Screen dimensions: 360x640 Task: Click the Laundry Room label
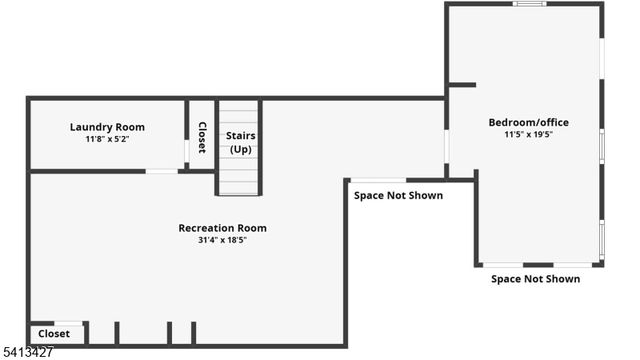click(x=107, y=127)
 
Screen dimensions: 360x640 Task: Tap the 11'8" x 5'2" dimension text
click(x=107, y=139)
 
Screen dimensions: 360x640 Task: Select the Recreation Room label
click(x=222, y=228)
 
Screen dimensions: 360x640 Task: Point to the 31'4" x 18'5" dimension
click(x=222, y=240)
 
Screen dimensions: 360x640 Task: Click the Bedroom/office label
click(x=528, y=123)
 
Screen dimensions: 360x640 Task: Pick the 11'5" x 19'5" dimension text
click(x=528, y=134)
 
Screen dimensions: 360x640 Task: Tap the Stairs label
click(x=240, y=135)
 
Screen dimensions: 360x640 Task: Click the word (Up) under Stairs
click(x=240, y=149)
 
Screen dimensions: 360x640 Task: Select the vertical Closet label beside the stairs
click(x=202, y=137)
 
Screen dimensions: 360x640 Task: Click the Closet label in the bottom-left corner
click(x=54, y=334)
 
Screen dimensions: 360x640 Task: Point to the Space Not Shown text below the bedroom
click(x=535, y=279)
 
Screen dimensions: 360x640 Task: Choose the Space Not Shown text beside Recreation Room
click(x=398, y=195)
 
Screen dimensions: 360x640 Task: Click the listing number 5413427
click(x=27, y=352)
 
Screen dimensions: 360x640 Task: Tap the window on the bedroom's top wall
click(x=529, y=4)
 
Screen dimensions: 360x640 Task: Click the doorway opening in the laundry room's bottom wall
click(x=162, y=171)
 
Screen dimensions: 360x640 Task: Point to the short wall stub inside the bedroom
click(x=461, y=86)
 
